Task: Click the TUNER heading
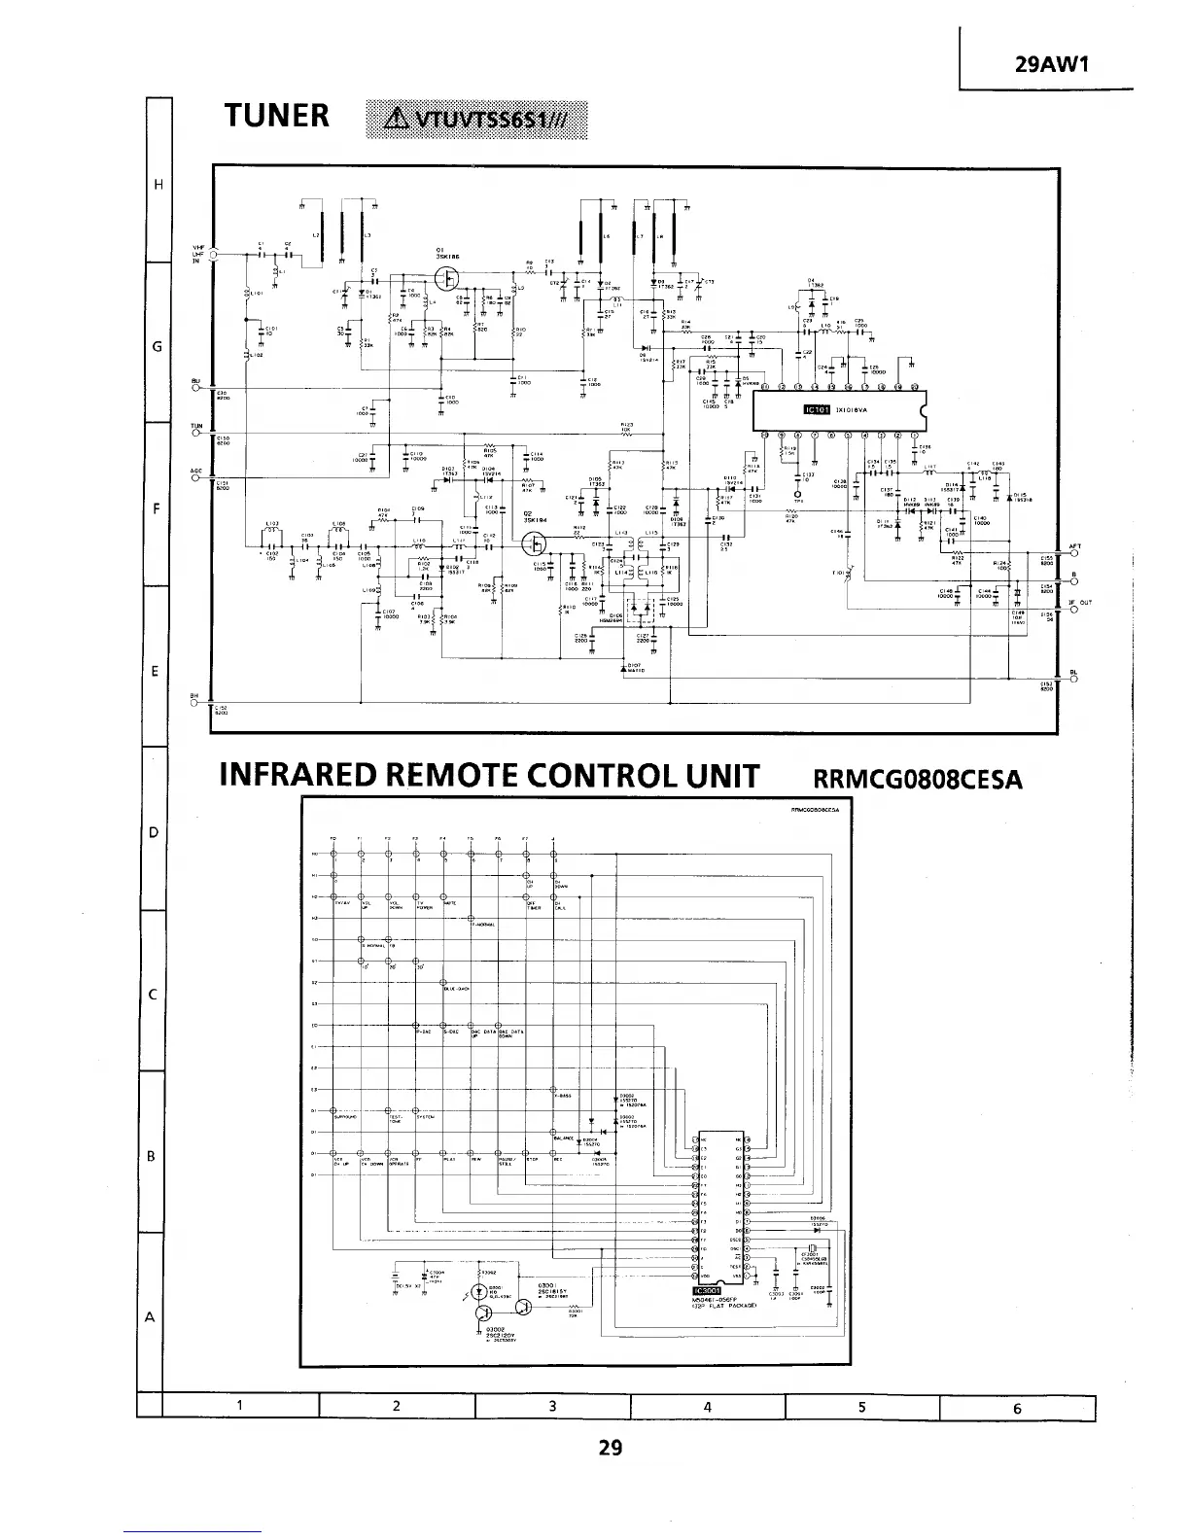(277, 117)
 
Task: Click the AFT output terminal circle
(1074, 552)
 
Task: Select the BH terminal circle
(195, 703)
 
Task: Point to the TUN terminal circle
(195, 432)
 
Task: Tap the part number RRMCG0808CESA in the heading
(917, 779)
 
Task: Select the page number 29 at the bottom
(610, 1448)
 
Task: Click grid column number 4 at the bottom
(707, 1407)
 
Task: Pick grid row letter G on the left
(156, 347)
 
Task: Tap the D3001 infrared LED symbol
(478, 1292)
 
